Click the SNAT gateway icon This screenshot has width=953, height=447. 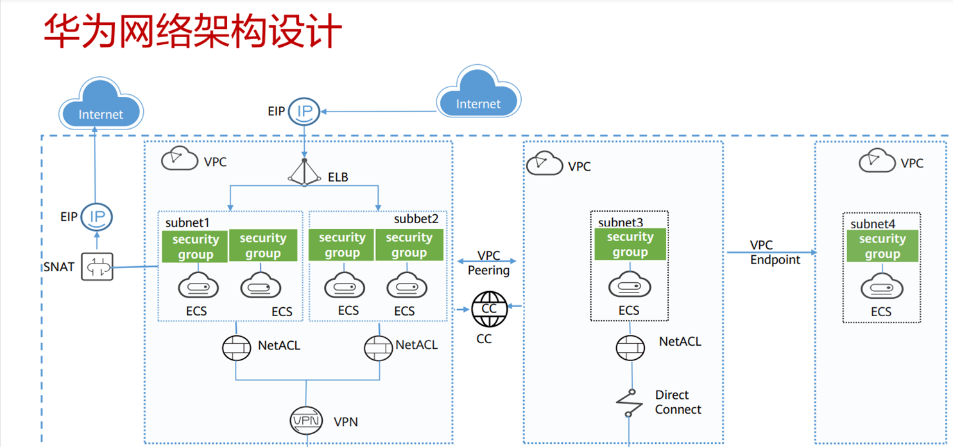97,266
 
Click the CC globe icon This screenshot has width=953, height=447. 489,309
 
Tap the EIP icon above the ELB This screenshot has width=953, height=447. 304,112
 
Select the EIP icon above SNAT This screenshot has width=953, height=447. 97,217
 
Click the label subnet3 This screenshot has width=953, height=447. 621,223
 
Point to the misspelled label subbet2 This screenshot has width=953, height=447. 416,219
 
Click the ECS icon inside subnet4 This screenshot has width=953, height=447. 880,287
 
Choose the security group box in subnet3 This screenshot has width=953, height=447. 630,244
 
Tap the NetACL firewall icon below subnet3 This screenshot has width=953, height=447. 629,348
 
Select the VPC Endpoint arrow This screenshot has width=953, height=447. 770,253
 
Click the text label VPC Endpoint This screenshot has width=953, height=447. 775,253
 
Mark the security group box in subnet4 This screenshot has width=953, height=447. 882,246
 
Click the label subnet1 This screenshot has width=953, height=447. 187,223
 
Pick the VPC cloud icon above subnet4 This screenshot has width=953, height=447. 877,161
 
